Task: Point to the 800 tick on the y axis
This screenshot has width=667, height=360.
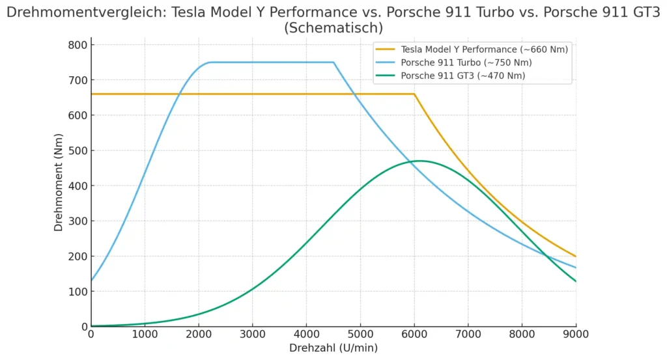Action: (78, 45)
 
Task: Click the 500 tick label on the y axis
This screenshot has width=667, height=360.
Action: (78, 150)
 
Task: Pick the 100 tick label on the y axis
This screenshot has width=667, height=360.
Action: (78, 291)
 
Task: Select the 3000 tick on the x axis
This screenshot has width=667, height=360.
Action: (252, 333)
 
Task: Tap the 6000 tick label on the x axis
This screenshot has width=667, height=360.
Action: (414, 333)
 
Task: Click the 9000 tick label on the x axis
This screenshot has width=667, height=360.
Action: (575, 333)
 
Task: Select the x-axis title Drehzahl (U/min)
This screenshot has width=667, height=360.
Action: (333, 348)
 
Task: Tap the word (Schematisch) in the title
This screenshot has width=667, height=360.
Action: (333, 28)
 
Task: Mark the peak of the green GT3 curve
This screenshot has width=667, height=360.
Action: (419, 161)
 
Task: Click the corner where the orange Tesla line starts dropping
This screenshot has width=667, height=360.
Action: (414, 94)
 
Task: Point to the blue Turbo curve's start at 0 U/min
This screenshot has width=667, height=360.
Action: (91, 281)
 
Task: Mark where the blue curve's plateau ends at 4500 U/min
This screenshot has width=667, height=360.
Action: (333, 62)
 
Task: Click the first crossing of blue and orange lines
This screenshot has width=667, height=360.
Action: (178, 94)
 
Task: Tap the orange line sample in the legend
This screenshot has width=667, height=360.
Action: (386, 49)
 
